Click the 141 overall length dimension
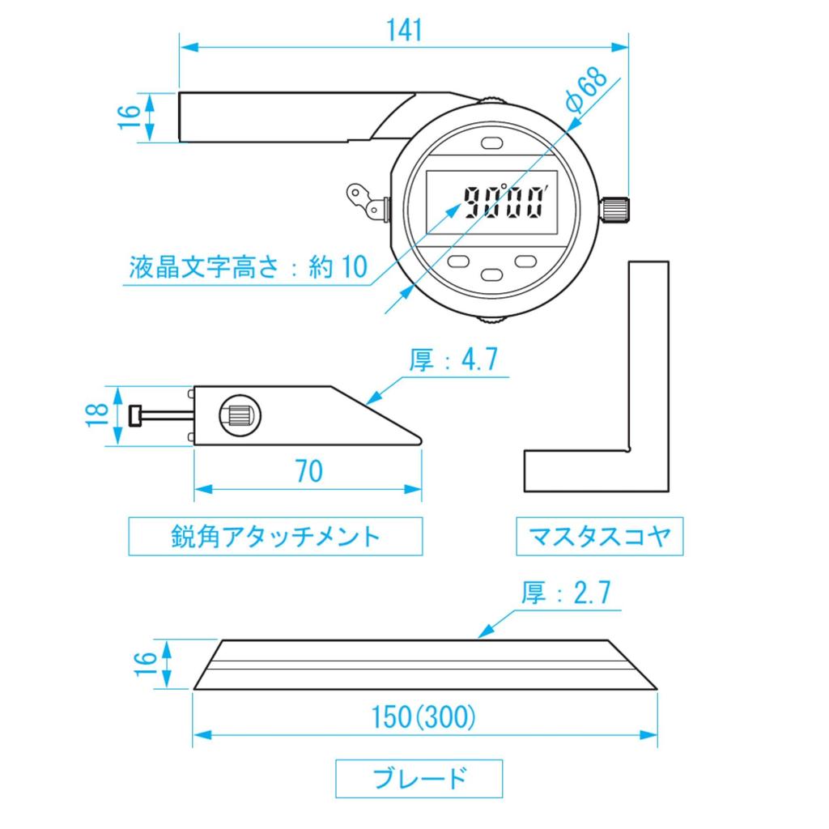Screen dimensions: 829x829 coord(404,30)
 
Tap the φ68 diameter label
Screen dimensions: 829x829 coord(586,91)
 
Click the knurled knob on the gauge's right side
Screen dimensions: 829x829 coord(616,208)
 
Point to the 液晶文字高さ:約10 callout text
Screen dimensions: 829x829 coord(248,268)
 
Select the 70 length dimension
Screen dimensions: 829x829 coord(308,471)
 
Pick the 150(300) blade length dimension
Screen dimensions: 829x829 coord(423,717)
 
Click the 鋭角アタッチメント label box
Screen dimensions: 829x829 coord(275,536)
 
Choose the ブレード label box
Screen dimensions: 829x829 coord(419,779)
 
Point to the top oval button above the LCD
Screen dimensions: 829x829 coord(492,142)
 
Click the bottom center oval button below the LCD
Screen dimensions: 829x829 coord(492,275)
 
